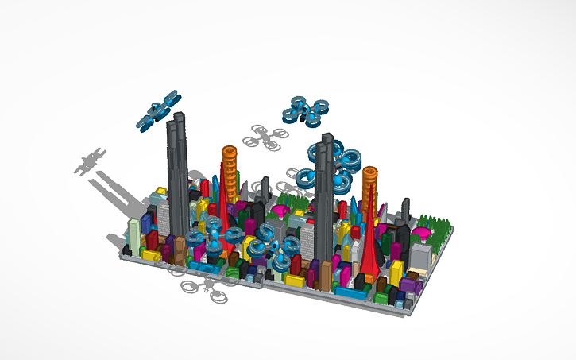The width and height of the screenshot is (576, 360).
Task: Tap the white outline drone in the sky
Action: (x=267, y=137)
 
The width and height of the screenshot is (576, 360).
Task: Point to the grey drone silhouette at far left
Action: (x=91, y=161)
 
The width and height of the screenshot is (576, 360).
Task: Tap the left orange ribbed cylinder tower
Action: (x=229, y=171)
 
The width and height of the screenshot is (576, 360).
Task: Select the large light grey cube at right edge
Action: (x=421, y=254)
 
